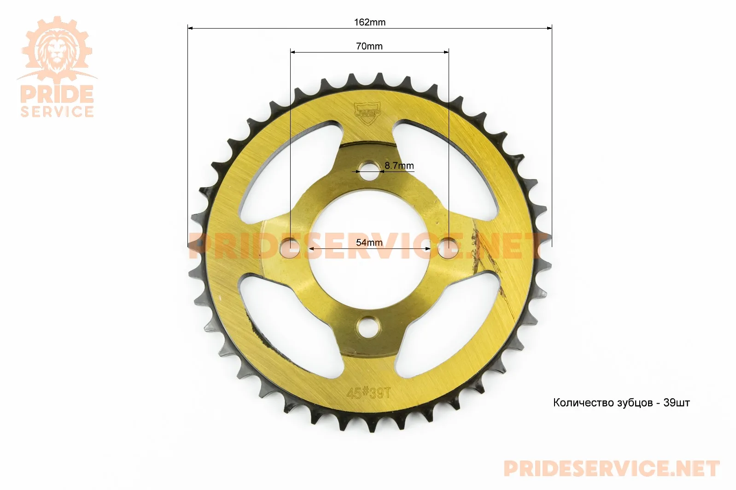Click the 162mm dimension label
pyautogui.click(x=370, y=22)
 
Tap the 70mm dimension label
pyautogui.click(x=369, y=46)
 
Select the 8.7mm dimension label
pyautogui.click(x=399, y=165)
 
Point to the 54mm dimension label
pyautogui.click(x=369, y=242)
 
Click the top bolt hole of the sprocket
pyautogui.click(x=368, y=171)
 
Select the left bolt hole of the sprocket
pyautogui.click(x=290, y=248)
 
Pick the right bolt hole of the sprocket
pyautogui.click(x=448, y=248)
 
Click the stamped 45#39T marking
pyautogui.click(x=368, y=393)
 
